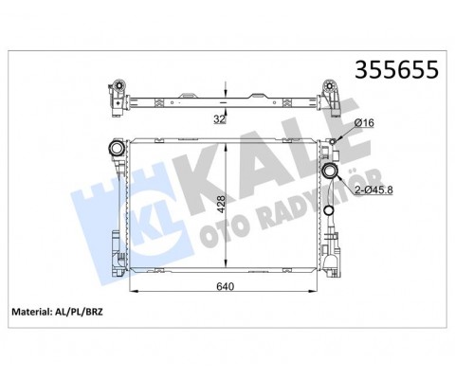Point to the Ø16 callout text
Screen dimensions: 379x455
(x=364, y=122)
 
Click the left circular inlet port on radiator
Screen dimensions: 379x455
(x=116, y=149)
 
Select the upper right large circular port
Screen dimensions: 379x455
(x=331, y=171)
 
